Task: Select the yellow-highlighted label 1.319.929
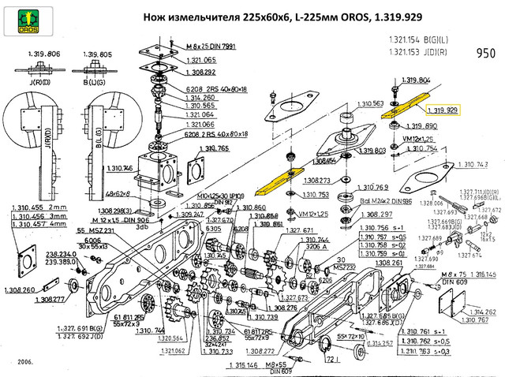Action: (x=444, y=111)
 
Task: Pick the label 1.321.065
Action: (x=199, y=60)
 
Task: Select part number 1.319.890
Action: (x=420, y=126)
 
